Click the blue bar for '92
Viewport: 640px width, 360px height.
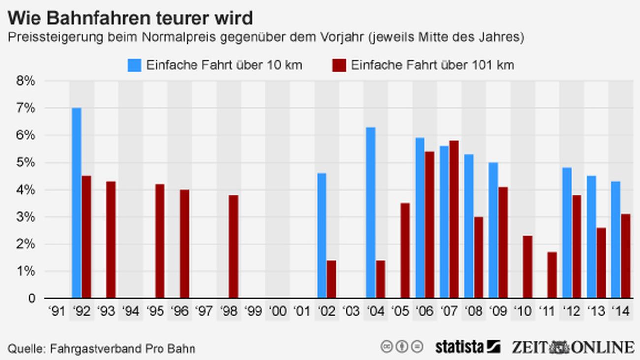tap(76, 203)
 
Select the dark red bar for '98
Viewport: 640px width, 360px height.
tap(233, 246)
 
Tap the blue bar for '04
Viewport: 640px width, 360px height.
tap(371, 213)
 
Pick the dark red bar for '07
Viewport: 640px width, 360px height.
tap(454, 220)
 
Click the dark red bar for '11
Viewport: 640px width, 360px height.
tap(552, 275)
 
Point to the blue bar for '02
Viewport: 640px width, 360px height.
tap(321, 236)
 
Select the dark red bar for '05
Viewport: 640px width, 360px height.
tap(405, 251)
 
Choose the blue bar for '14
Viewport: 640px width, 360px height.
tap(615, 240)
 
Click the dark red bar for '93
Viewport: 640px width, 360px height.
tap(111, 240)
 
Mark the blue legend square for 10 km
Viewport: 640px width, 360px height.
tap(134, 65)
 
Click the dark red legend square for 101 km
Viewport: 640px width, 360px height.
tap(339, 65)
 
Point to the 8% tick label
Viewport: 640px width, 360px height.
tap(26, 81)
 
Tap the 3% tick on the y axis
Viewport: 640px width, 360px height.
tap(26, 217)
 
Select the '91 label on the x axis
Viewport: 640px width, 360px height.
tap(57, 312)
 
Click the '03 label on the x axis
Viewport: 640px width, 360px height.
tap(351, 312)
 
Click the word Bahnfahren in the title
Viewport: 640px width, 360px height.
tap(98, 19)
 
